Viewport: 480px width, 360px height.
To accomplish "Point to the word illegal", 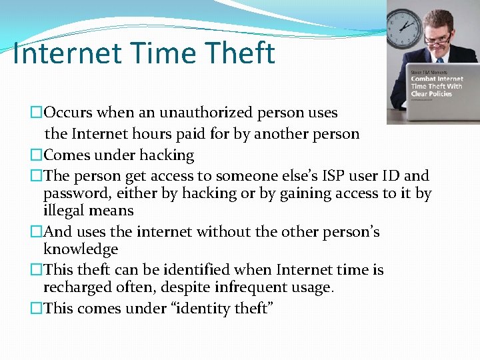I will [x=63, y=211].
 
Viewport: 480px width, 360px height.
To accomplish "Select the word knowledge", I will [x=81, y=249].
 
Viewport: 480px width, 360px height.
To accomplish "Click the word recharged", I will [x=79, y=287].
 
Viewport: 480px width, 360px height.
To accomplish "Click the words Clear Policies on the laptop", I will [x=431, y=93].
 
